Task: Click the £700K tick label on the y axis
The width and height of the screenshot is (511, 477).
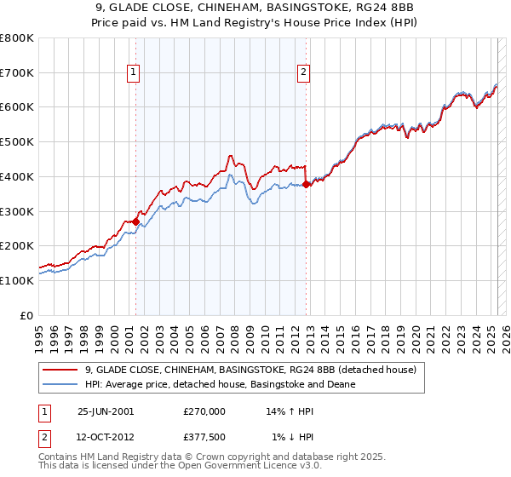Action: click(17, 73)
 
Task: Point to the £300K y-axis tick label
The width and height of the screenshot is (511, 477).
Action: click(17, 211)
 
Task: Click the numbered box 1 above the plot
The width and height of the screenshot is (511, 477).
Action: click(135, 73)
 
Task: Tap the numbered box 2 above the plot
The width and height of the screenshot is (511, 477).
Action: click(303, 73)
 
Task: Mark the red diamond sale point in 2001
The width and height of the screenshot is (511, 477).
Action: click(135, 221)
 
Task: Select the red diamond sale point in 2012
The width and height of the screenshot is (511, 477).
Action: click(306, 184)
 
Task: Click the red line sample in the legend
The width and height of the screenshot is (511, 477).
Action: click(60, 370)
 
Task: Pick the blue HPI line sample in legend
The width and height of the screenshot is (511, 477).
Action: click(60, 384)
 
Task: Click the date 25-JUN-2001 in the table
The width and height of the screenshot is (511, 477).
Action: click(106, 411)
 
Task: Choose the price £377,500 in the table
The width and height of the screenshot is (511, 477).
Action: click(204, 437)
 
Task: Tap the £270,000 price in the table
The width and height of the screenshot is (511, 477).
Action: click(204, 411)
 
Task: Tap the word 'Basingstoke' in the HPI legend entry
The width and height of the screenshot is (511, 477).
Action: click(275, 384)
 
